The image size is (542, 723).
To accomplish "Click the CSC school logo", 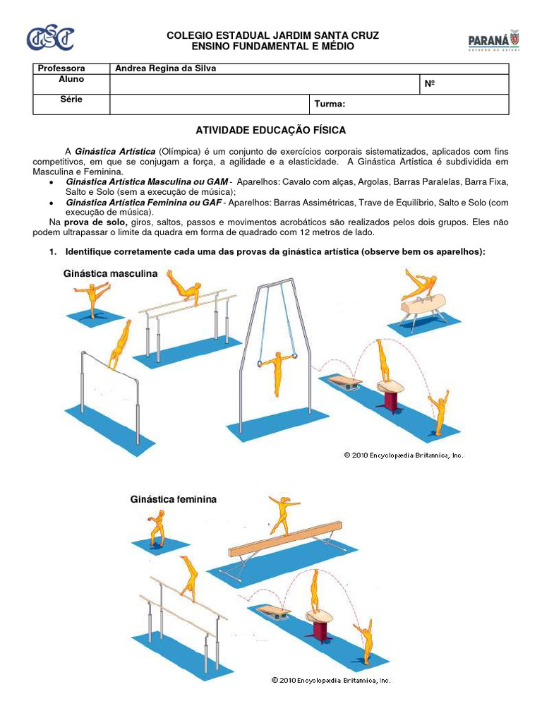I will (x=49, y=39).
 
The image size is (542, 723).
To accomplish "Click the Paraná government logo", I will (x=493, y=41).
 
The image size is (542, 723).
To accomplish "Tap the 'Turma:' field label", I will (x=330, y=104).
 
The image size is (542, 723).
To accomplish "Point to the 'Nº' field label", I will (x=429, y=84).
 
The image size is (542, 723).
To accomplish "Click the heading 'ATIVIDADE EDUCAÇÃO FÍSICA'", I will (x=270, y=131).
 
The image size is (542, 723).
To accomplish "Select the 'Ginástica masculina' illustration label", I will (x=111, y=273).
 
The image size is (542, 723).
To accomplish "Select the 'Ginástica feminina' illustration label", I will (x=173, y=499).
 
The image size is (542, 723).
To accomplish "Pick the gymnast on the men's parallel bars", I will (x=183, y=285).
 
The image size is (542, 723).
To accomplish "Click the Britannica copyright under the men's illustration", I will (x=404, y=455).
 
